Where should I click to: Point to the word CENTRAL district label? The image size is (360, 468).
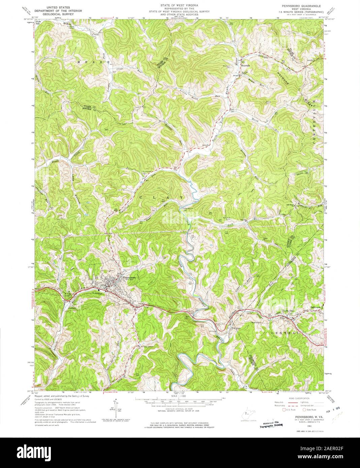286,333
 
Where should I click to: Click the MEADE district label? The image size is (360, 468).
87,63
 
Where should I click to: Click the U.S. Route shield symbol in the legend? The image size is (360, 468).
284,409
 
